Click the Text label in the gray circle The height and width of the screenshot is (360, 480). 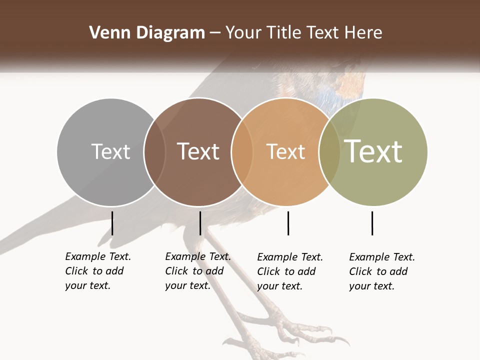point(110,151)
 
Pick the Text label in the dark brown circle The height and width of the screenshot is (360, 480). point(198,151)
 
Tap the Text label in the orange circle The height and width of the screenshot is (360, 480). point(285,151)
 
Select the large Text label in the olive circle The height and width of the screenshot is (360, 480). point(373,151)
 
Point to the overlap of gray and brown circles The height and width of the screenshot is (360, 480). point(154,152)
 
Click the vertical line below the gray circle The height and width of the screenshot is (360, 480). point(112,223)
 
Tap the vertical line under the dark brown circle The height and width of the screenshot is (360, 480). point(200,223)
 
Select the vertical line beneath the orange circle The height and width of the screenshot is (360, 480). point(288,223)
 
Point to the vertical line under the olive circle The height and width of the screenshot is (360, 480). point(372,223)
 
